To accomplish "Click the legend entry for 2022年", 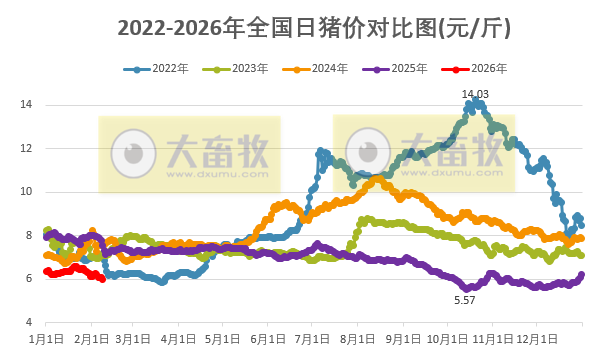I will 165,69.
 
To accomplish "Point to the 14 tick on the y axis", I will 28,105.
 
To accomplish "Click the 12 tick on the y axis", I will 28,148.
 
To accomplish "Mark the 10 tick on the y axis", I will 28,191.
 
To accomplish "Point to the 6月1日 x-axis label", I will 270,339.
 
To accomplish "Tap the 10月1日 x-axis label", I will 450,339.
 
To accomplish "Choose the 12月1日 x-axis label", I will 541,339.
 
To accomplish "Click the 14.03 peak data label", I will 475,94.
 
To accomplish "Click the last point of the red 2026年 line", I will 102,279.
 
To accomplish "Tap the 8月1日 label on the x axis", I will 360,339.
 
